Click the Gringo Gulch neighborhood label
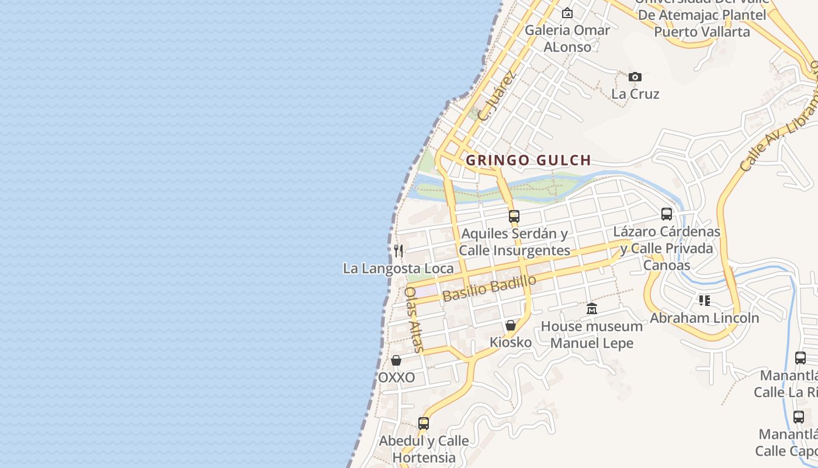[528, 160]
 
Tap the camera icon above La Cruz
[635, 77]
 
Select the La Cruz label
[635, 94]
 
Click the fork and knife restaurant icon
[398, 251]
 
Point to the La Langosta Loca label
[398, 269]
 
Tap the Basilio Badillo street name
[489, 288]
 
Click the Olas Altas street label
[414, 319]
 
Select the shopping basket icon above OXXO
[396, 360]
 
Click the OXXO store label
[396, 377]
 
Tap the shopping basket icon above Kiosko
[511, 325]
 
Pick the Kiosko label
[511, 342]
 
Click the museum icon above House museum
[592, 309]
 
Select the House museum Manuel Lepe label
[592, 335]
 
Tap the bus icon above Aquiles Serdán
[514, 216]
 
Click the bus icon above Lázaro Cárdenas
[667, 214]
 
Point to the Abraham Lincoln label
[705, 318]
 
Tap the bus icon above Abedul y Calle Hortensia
[424, 423]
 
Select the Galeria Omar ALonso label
[567, 38]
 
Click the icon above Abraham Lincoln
[705, 301]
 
